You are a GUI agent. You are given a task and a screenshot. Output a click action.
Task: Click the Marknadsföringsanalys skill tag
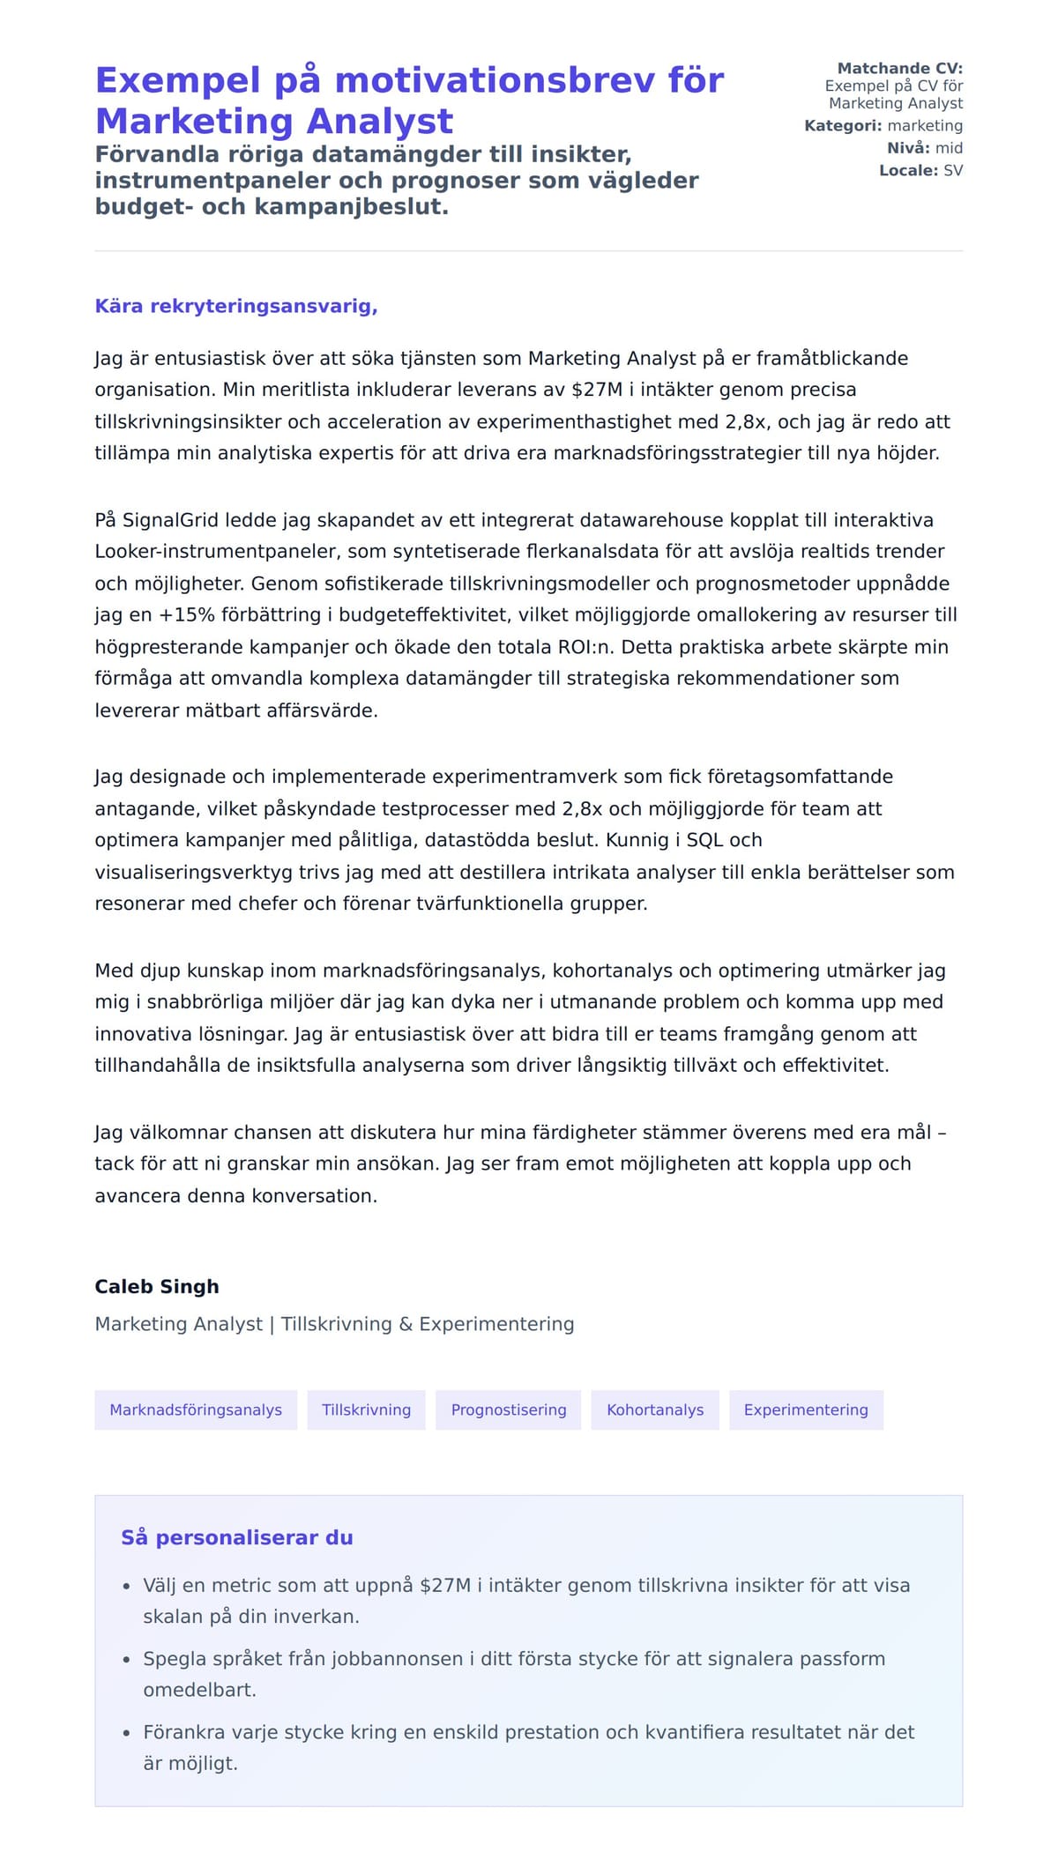coord(196,1410)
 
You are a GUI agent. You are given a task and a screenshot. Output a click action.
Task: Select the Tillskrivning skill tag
coord(366,1410)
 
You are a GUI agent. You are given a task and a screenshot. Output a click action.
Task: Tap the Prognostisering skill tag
coord(509,1410)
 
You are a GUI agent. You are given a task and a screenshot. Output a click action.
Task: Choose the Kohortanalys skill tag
coord(655,1410)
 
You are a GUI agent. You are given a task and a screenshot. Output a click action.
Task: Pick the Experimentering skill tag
coord(806,1410)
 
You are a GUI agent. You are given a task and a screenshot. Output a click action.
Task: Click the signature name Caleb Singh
coord(157,1287)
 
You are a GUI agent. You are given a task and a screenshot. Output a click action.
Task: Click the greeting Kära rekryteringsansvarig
coord(236,307)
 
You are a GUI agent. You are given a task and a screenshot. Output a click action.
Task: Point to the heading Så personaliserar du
coord(236,1537)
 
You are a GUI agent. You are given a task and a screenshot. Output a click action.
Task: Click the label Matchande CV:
coord(899,68)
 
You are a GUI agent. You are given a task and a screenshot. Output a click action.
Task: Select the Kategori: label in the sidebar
coord(843,126)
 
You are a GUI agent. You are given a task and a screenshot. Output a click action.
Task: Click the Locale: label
coord(908,170)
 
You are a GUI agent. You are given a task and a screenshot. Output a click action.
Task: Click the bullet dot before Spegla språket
coord(126,1660)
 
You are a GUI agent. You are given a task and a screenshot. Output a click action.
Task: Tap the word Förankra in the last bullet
coord(183,1732)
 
